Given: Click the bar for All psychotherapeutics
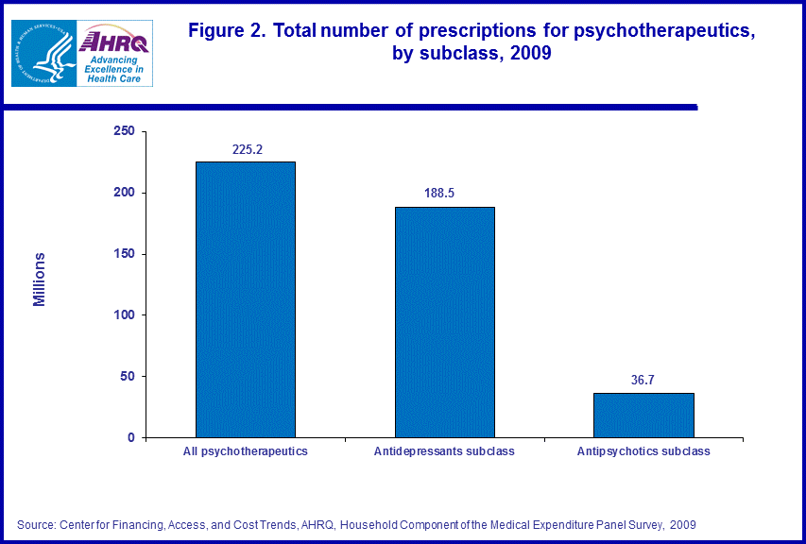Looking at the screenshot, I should (x=245, y=299).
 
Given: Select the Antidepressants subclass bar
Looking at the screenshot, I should (x=444, y=322).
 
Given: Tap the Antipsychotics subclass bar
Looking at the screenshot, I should (x=643, y=415).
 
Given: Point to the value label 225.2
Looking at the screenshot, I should (x=246, y=148).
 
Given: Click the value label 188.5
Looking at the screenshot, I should (x=444, y=193).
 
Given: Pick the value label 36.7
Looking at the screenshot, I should (x=643, y=380).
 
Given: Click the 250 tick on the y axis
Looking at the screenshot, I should (x=124, y=131).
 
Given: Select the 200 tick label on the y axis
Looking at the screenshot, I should (x=124, y=193).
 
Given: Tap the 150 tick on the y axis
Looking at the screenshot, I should (x=124, y=254).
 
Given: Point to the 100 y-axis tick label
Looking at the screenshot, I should (x=124, y=314).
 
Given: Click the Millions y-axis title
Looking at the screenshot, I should (x=40, y=280).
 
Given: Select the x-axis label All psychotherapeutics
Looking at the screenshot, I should (x=245, y=451).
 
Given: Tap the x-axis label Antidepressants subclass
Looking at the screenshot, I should (x=444, y=451).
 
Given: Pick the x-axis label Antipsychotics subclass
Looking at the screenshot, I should (x=643, y=451).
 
